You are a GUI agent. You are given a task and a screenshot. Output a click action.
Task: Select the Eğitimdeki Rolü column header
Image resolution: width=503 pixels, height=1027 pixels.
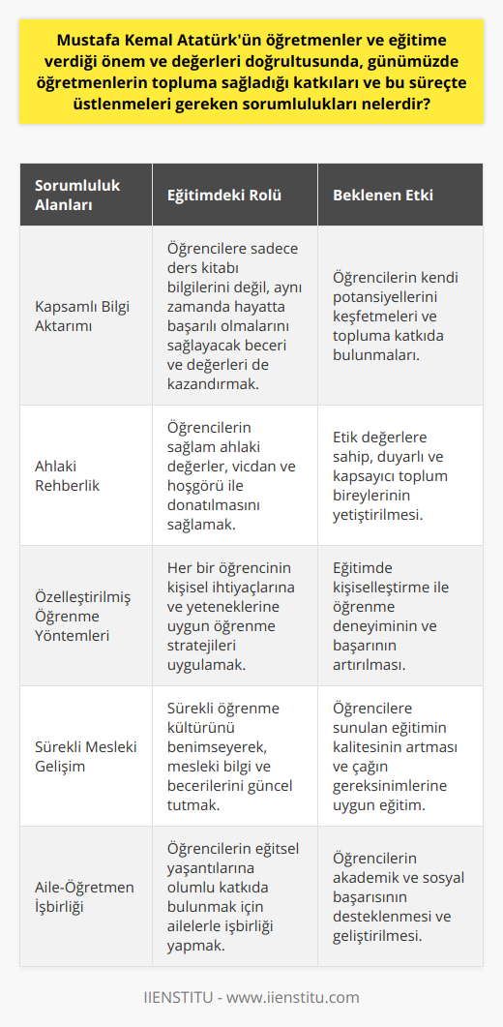(211, 195)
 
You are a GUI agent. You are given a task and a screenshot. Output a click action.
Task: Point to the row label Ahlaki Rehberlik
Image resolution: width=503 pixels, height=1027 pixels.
(69, 474)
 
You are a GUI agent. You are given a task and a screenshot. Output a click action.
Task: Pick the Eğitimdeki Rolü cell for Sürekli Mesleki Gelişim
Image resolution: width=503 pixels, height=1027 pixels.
(232, 755)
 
